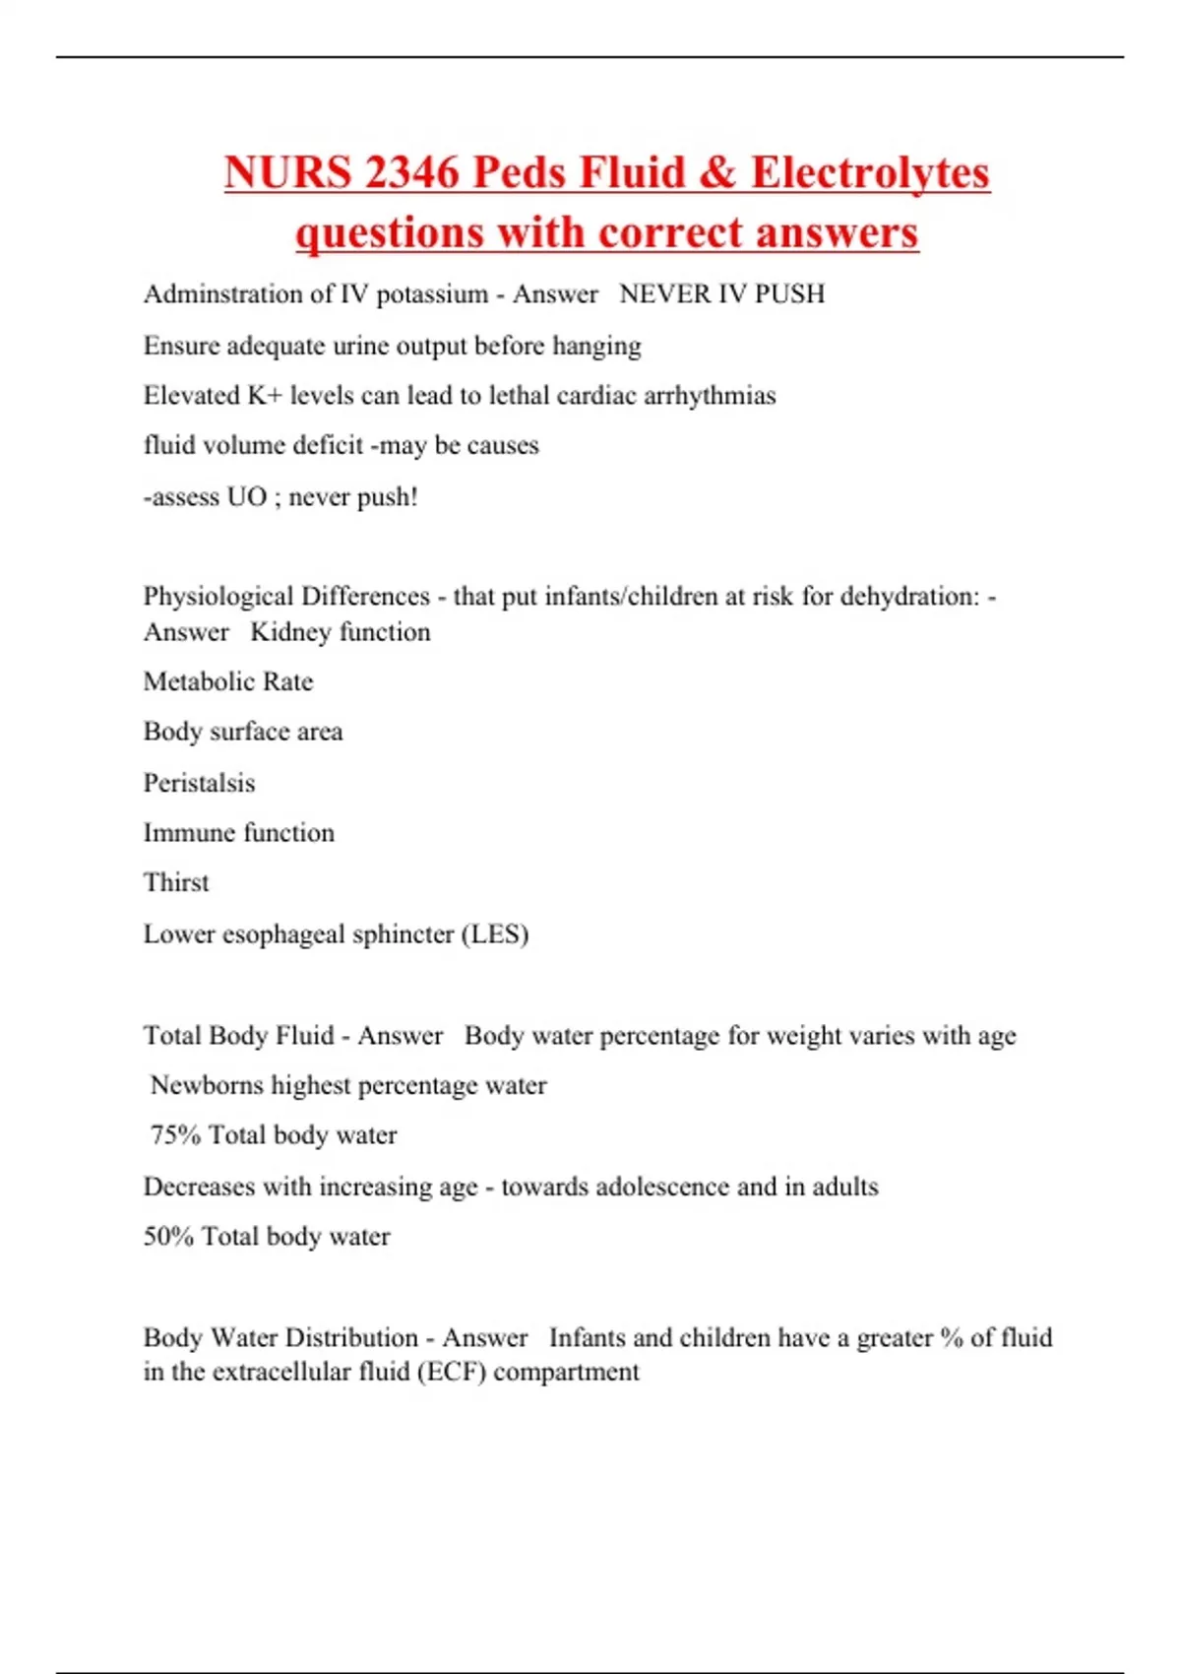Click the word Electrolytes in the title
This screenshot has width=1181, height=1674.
[x=870, y=172]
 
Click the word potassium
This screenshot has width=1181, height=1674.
[x=432, y=294]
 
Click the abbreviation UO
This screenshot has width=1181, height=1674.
[x=246, y=497]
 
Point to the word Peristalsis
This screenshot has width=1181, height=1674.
[x=199, y=784]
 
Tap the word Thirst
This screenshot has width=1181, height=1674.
[x=176, y=883]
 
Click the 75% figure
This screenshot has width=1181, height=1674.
[x=175, y=1135]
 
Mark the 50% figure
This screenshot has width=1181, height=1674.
[x=168, y=1237]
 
